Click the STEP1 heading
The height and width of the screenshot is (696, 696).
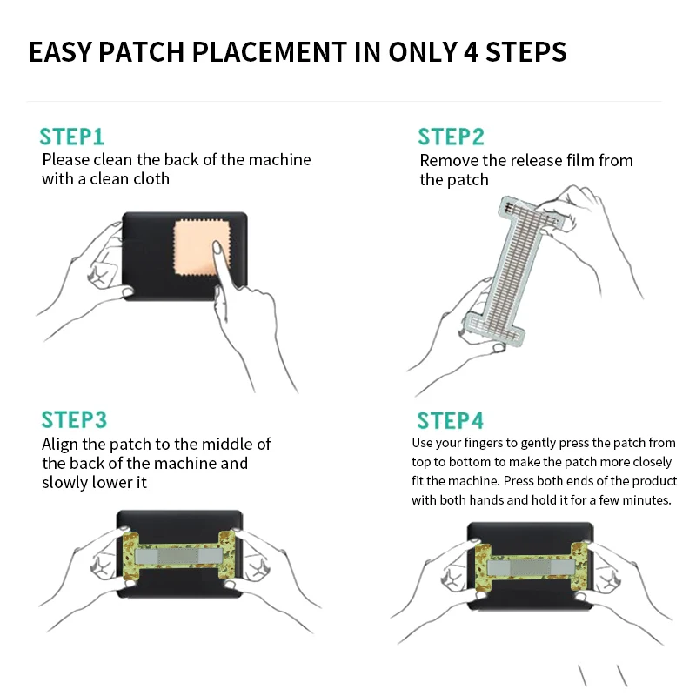pos(72,137)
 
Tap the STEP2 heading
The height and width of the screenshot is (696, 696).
pos(451,137)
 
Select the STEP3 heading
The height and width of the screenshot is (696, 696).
pos(74,420)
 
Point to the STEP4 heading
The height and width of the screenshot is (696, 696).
pos(450,421)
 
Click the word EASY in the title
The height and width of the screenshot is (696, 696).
pos(59,52)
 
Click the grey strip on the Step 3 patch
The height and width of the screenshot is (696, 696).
pos(181,554)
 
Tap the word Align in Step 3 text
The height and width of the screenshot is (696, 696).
pos(61,445)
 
